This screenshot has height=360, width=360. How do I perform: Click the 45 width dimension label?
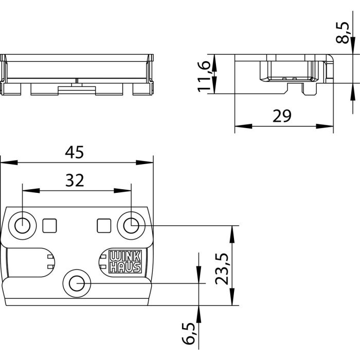[x=75, y=152]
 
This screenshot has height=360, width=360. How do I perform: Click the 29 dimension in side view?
[x=282, y=116]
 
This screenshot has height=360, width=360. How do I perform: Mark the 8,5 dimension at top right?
[x=348, y=32]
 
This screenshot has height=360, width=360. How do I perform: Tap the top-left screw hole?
[x=22, y=225]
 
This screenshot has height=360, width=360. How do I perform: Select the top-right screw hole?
[x=131, y=225]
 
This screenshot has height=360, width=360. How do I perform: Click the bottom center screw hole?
[x=77, y=282]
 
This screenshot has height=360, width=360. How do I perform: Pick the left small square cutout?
[x=50, y=225]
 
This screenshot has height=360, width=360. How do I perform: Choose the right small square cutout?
[x=103, y=225]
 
